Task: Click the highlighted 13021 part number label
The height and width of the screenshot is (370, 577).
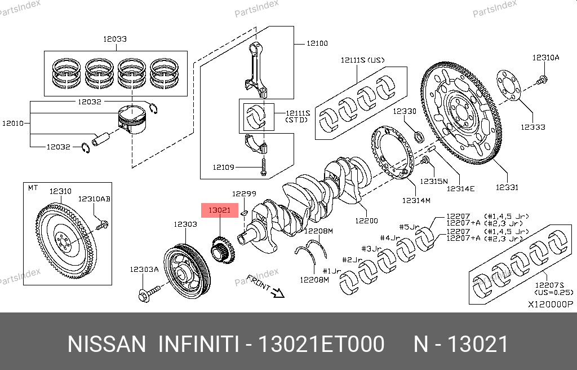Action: click(220, 210)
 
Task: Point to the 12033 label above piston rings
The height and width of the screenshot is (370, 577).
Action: click(114, 39)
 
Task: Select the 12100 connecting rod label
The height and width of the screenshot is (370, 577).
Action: click(317, 43)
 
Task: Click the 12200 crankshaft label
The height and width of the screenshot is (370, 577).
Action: click(366, 221)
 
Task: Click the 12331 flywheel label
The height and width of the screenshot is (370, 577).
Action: click(507, 187)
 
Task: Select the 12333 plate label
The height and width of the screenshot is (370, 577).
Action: click(533, 127)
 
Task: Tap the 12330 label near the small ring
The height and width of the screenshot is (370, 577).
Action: click(405, 111)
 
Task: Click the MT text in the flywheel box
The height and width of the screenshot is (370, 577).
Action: click(33, 188)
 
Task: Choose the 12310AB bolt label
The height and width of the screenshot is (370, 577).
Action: click(94, 199)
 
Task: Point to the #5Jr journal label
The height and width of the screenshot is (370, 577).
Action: click(409, 227)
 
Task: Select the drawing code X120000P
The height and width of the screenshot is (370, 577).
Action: click(549, 304)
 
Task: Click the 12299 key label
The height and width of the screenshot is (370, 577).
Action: click(245, 193)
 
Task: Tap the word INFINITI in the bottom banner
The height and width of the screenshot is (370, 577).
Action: click(198, 344)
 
